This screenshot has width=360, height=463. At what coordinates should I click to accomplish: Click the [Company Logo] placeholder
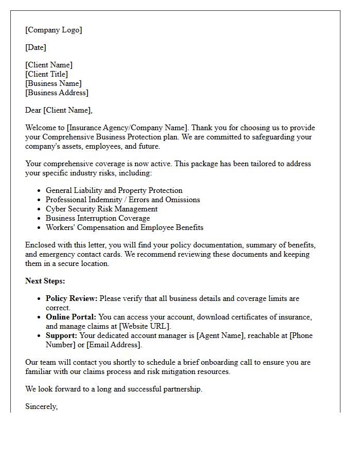pos(53,30)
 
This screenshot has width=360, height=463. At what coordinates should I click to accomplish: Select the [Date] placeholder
pos(35,47)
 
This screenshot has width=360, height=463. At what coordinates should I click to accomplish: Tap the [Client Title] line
pos(46,74)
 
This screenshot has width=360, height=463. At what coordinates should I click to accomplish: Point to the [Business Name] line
pos(53,83)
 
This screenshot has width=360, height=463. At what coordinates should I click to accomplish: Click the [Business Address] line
pos(57,93)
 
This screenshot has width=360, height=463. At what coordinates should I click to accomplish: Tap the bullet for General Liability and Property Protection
pos(114,190)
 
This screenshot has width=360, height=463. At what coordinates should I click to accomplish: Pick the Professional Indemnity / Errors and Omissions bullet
pos(123,200)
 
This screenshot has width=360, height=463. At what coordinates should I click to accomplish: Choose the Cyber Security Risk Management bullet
pos(102,209)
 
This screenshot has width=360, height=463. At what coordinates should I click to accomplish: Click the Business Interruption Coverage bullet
pos(98,218)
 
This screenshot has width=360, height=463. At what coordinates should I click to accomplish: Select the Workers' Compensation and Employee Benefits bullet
pos(124,227)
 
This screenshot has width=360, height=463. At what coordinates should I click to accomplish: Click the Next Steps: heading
pos(45,281)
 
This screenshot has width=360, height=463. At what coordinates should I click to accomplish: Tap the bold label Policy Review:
pos(71,298)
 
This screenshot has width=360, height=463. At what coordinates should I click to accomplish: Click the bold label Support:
pos(61,335)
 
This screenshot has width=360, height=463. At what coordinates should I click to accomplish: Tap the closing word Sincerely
pos(41,406)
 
